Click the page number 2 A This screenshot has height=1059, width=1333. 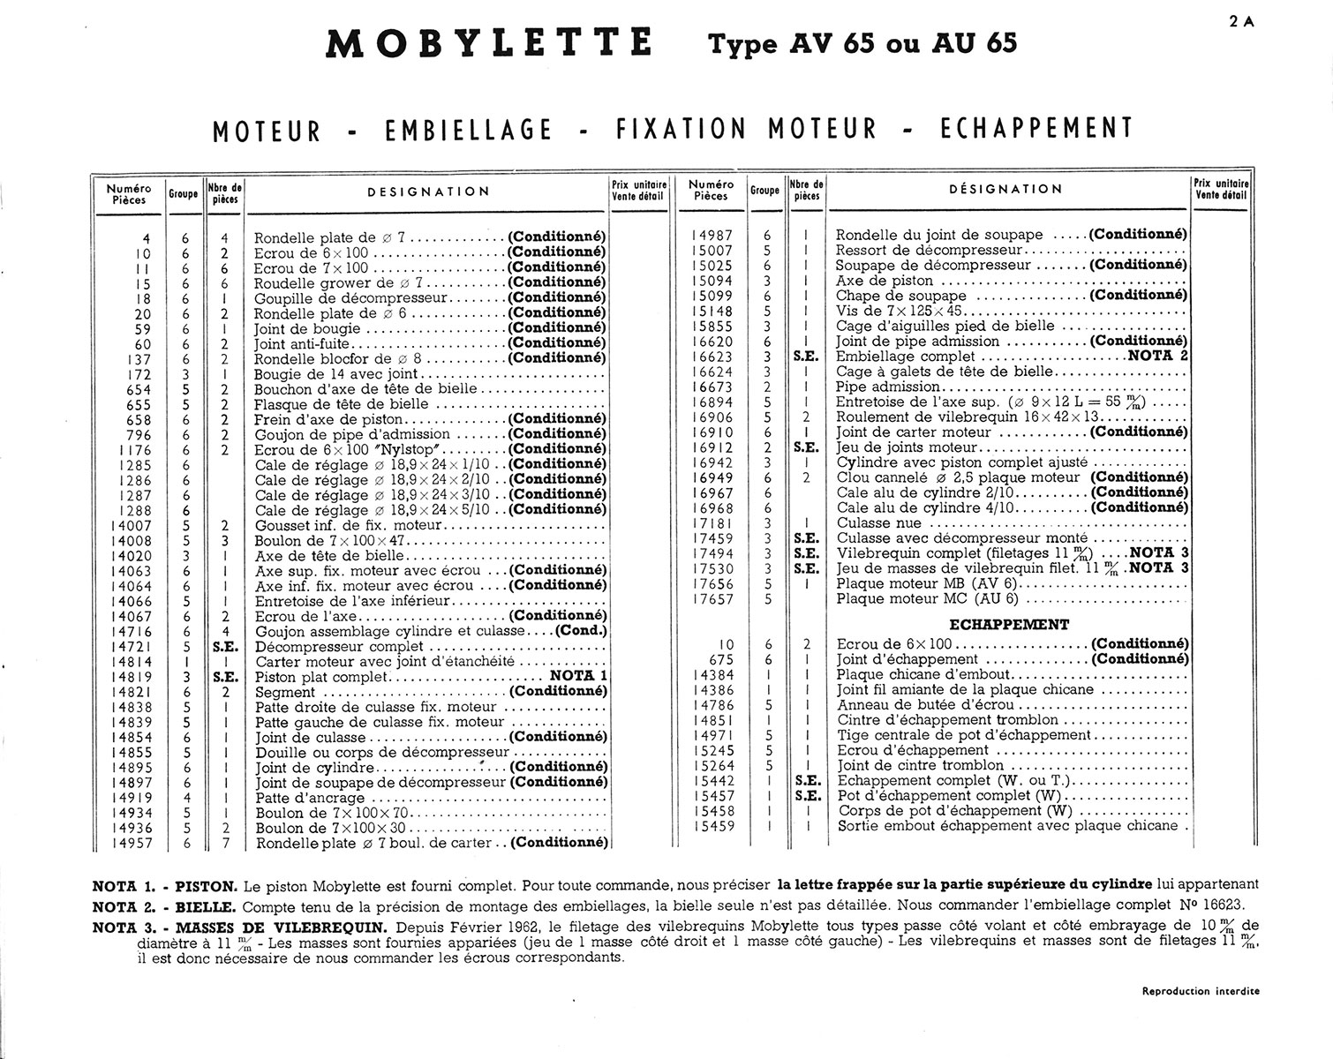coord(1241,24)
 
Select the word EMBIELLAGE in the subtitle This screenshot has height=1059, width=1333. coord(468,130)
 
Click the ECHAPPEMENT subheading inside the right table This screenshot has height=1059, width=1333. coord(1011,625)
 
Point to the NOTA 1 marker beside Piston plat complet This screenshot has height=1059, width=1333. coord(579,676)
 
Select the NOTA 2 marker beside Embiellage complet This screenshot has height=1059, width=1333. coord(1158,356)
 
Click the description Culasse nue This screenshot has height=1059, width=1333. coord(878,523)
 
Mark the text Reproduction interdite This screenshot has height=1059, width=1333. coord(1201,991)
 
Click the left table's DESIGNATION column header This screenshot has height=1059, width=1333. coord(428,192)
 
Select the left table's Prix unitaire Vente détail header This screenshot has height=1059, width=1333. coord(637,191)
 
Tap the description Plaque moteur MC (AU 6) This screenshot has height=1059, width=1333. coord(927,598)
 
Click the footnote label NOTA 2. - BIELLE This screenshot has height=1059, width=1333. coord(163,906)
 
